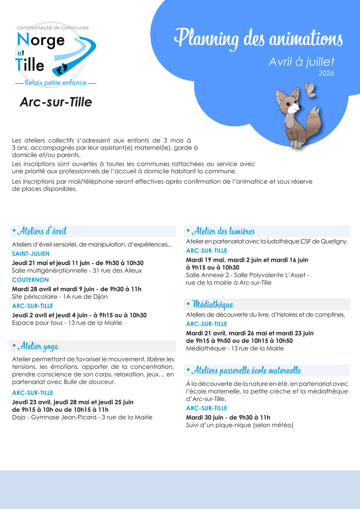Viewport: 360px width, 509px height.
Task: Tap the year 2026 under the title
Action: click(x=326, y=73)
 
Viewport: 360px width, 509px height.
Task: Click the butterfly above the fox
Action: click(x=310, y=90)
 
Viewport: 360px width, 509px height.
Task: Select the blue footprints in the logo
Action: click(x=62, y=69)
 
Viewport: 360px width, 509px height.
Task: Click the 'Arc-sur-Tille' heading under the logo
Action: click(x=56, y=102)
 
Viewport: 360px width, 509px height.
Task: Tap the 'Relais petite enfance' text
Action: click(x=56, y=83)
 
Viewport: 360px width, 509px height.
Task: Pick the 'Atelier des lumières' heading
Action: click(x=223, y=231)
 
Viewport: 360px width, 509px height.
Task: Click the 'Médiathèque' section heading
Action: click(x=212, y=304)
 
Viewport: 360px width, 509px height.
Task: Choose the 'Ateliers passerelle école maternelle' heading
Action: click(x=246, y=371)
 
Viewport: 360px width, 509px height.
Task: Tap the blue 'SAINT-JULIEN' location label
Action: click(x=31, y=254)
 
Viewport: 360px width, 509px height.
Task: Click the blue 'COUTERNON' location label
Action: click(x=30, y=280)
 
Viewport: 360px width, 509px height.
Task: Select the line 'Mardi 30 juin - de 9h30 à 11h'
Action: click(x=228, y=417)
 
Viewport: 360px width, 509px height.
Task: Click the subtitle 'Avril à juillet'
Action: click(x=301, y=62)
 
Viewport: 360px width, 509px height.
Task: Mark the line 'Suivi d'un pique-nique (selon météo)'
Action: click(x=240, y=425)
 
